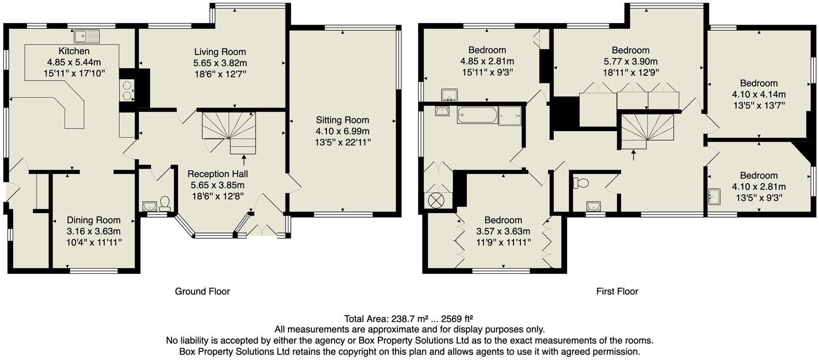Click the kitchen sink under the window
pos(87,36)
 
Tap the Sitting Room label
pos(342,120)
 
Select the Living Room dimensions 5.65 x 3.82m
pos(220,63)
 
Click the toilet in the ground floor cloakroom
pos(165,203)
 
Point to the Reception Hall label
pos(217,174)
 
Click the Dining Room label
pos(93,220)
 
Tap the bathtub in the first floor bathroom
pos(477,115)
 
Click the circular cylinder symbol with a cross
pos(435,200)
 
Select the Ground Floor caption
pos(202,291)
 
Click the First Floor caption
pos(617,291)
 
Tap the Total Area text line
pos(409,318)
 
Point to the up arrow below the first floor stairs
pos(634,154)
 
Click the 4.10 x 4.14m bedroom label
pos(758,94)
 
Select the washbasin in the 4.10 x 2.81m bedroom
pos(714,196)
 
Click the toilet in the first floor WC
pos(580,183)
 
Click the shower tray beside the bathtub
pos(510,116)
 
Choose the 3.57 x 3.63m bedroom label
pos(503,231)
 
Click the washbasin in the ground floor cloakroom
pos(150,206)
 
